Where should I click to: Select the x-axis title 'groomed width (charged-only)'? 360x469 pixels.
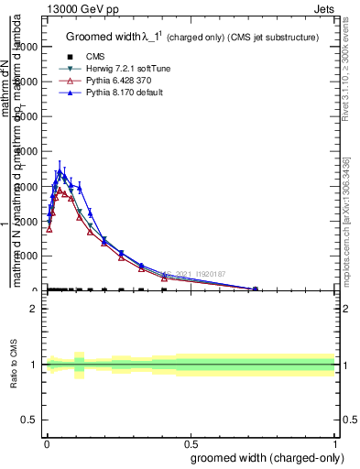pyautogui.click(x=265, y=456)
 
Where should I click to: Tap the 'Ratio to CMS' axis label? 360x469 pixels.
pyautogui.click(x=15, y=365)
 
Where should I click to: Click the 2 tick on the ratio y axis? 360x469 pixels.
pyautogui.click(x=34, y=309)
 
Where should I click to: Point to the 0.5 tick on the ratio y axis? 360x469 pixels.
pyautogui.click(x=29, y=420)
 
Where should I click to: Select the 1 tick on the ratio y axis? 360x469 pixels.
pyautogui.click(x=34, y=365)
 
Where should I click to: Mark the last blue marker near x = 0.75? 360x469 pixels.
pyautogui.click(x=256, y=289)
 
